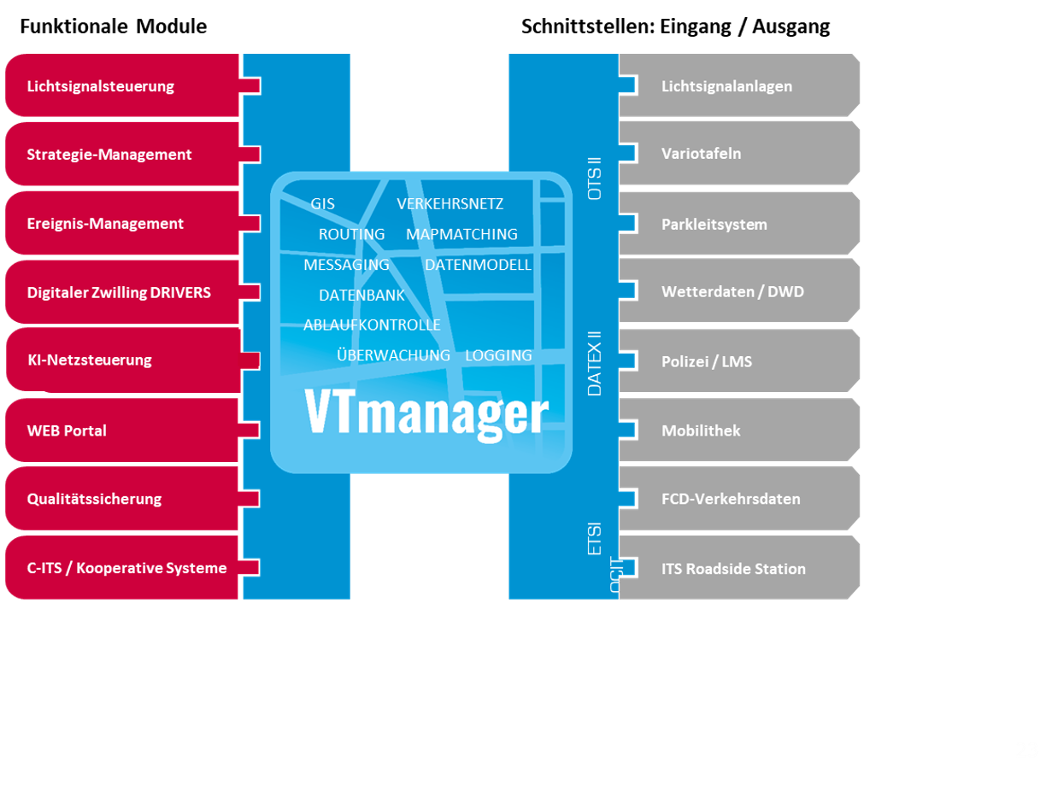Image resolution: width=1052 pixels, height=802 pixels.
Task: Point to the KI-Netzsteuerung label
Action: (90, 360)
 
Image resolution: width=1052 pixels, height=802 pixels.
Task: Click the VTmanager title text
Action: (426, 414)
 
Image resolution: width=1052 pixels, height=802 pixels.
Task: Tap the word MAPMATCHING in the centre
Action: (461, 234)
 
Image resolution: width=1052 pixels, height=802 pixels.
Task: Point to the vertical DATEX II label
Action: (595, 363)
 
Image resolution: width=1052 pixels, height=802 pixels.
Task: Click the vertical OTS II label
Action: (595, 178)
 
